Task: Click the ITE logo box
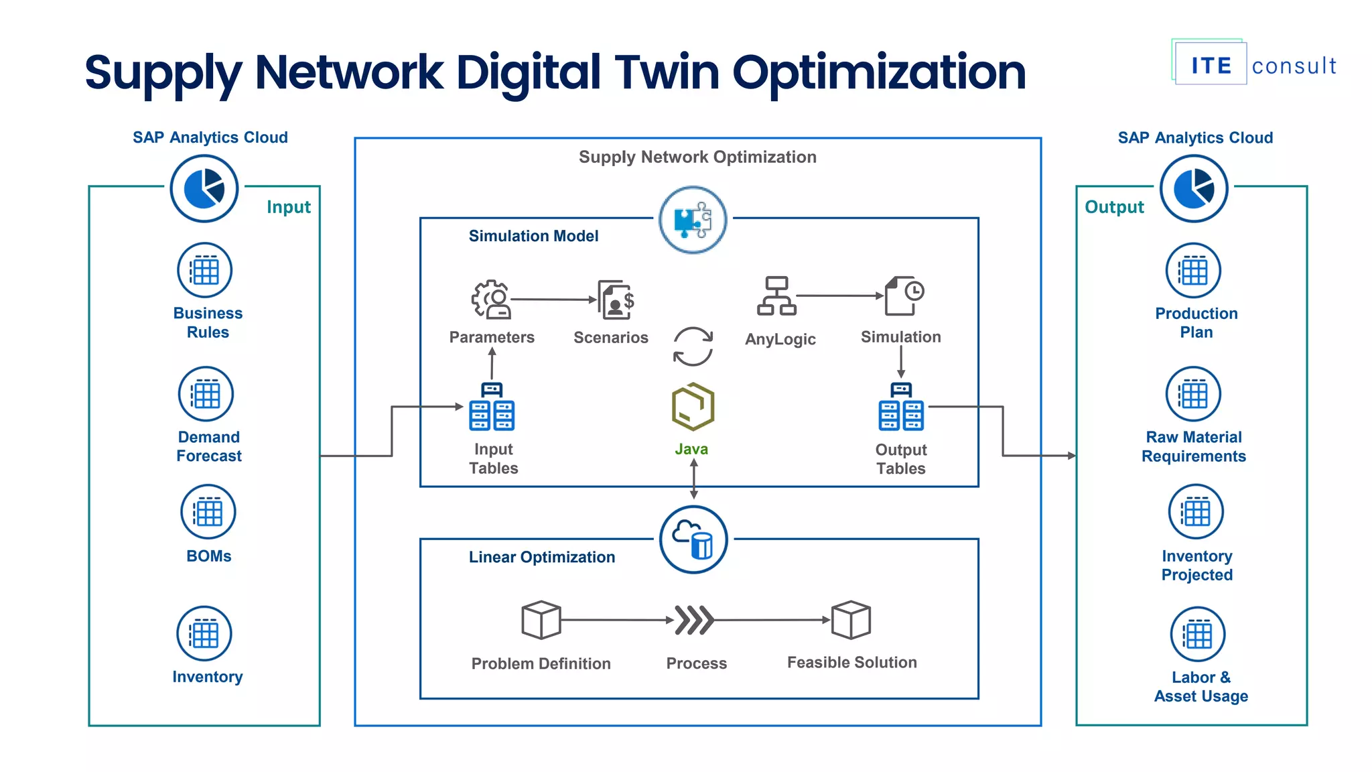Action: pyautogui.click(x=1211, y=65)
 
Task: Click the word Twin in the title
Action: pyautogui.click(x=667, y=72)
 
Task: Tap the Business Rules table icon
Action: pyautogui.click(x=204, y=271)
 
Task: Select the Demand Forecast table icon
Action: pyautogui.click(x=206, y=394)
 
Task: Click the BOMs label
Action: pyautogui.click(x=208, y=556)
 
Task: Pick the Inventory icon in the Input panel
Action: pyautogui.click(x=204, y=634)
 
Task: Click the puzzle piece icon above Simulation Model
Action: pyautogui.click(x=693, y=220)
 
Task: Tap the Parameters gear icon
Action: pyautogui.click(x=491, y=299)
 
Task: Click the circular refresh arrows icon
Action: pyautogui.click(x=693, y=346)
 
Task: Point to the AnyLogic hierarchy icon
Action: pyautogui.click(x=776, y=296)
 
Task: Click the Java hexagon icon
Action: pyautogui.click(x=693, y=407)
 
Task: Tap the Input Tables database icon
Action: pyautogui.click(x=492, y=407)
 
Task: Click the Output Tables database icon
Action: pyautogui.click(x=901, y=407)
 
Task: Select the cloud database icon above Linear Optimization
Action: pyautogui.click(x=693, y=539)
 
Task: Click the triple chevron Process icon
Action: pyautogui.click(x=693, y=620)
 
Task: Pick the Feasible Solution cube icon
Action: pyautogui.click(x=851, y=620)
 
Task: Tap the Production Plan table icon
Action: pyautogui.click(x=1193, y=271)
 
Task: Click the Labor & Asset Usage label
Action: pyautogui.click(x=1200, y=687)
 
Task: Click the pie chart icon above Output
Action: pyautogui.click(x=1194, y=188)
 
